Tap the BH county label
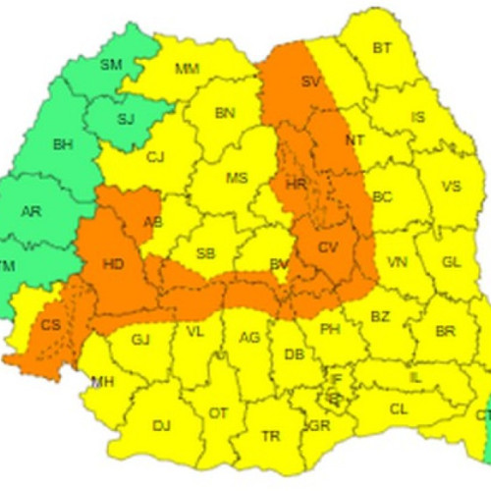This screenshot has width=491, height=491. (x=64, y=145)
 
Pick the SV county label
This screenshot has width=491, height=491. (x=311, y=81)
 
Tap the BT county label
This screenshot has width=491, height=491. (x=381, y=47)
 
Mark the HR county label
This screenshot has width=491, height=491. (x=296, y=185)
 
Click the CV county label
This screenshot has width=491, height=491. (x=327, y=247)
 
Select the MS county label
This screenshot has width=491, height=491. (x=236, y=179)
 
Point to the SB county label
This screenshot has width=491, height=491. (x=205, y=253)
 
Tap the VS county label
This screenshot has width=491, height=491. (x=451, y=186)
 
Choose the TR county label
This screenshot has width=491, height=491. (x=269, y=435)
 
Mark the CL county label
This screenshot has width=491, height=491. (x=398, y=409)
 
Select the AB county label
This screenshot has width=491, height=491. (x=153, y=222)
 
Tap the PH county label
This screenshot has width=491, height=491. (x=330, y=330)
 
